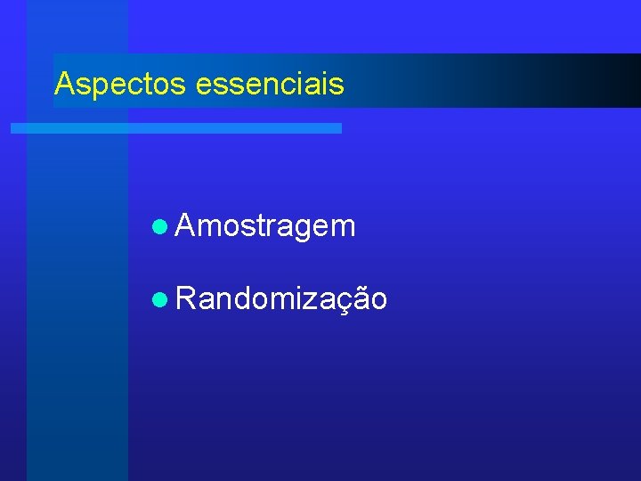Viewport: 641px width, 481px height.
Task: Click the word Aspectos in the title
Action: [x=119, y=84]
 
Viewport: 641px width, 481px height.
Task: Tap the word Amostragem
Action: [x=266, y=227]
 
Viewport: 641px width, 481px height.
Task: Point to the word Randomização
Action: [x=281, y=299]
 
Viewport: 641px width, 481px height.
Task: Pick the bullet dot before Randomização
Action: [x=159, y=300]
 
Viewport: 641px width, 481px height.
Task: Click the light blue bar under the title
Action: [x=176, y=128]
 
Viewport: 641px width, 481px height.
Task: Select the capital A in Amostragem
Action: [x=186, y=226]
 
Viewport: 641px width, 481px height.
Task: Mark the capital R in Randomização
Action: [x=187, y=299]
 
